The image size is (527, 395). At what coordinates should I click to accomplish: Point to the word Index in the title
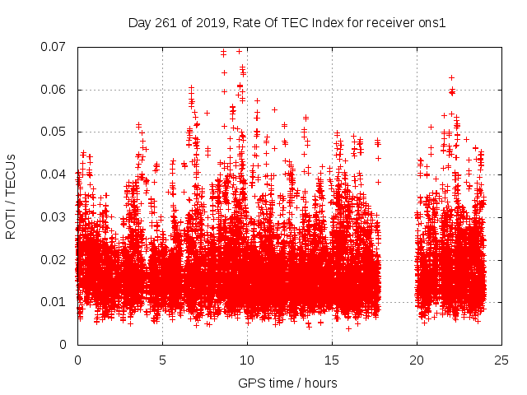point(328,23)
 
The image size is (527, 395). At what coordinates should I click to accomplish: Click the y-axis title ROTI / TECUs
point(12,195)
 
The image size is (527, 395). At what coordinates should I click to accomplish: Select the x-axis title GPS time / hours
point(287,383)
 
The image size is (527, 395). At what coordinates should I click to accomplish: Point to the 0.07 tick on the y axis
point(55,47)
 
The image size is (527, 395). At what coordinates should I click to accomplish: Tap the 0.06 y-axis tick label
point(55,90)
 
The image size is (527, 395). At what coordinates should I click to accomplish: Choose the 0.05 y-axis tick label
point(55,132)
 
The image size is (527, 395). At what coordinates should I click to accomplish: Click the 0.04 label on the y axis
point(55,174)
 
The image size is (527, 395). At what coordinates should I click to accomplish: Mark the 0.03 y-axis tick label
point(55,217)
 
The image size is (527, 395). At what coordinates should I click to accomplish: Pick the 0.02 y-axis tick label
point(55,259)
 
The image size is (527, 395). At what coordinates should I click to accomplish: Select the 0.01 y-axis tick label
point(55,302)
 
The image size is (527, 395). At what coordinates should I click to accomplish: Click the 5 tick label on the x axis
point(162,360)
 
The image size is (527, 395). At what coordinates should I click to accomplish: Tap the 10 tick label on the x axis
point(247,360)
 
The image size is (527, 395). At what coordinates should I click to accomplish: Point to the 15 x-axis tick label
point(332,360)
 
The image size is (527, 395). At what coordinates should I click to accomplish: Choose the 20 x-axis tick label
point(417,360)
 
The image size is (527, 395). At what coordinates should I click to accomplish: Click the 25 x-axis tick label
point(501,360)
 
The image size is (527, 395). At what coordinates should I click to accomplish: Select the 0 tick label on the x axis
point(77,360)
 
